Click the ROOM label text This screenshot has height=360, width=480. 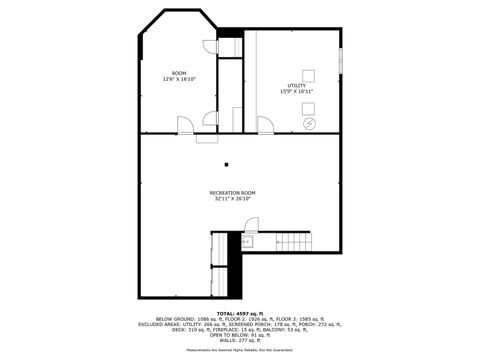tap(179, 73)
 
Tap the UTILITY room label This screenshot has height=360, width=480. tap(297, 86)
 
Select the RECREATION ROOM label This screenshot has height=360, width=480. tap(232, 192)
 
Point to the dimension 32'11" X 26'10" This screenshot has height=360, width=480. tap(232, 198)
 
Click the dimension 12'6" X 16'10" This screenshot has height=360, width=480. tap(179, 79)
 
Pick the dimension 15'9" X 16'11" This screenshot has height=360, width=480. tap(297, 92)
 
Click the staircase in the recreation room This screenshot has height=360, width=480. tap(294, 241)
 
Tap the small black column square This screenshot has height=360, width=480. tap(227, 165)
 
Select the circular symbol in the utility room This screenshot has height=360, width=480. tap(309, 123)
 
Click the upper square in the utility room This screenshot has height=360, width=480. tap(309, 73)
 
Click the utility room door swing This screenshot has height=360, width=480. tap(265, 125)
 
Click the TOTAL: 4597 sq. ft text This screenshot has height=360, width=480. tap(239, 313)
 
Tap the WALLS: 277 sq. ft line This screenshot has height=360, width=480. tap(239, 341)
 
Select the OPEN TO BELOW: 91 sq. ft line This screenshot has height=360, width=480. tap(239, 335)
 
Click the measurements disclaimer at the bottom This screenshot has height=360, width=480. tap(239, 351)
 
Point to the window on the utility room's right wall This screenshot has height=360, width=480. tap(341, 63)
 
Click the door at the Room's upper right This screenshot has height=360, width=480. tap(210, 46)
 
